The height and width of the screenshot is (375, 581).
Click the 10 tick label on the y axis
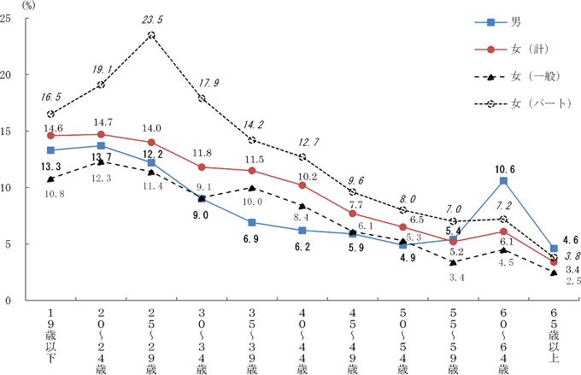point(9,188)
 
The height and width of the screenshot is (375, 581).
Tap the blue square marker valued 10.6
point(504,181)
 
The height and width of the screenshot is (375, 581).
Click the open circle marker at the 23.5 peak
point(151,35)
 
